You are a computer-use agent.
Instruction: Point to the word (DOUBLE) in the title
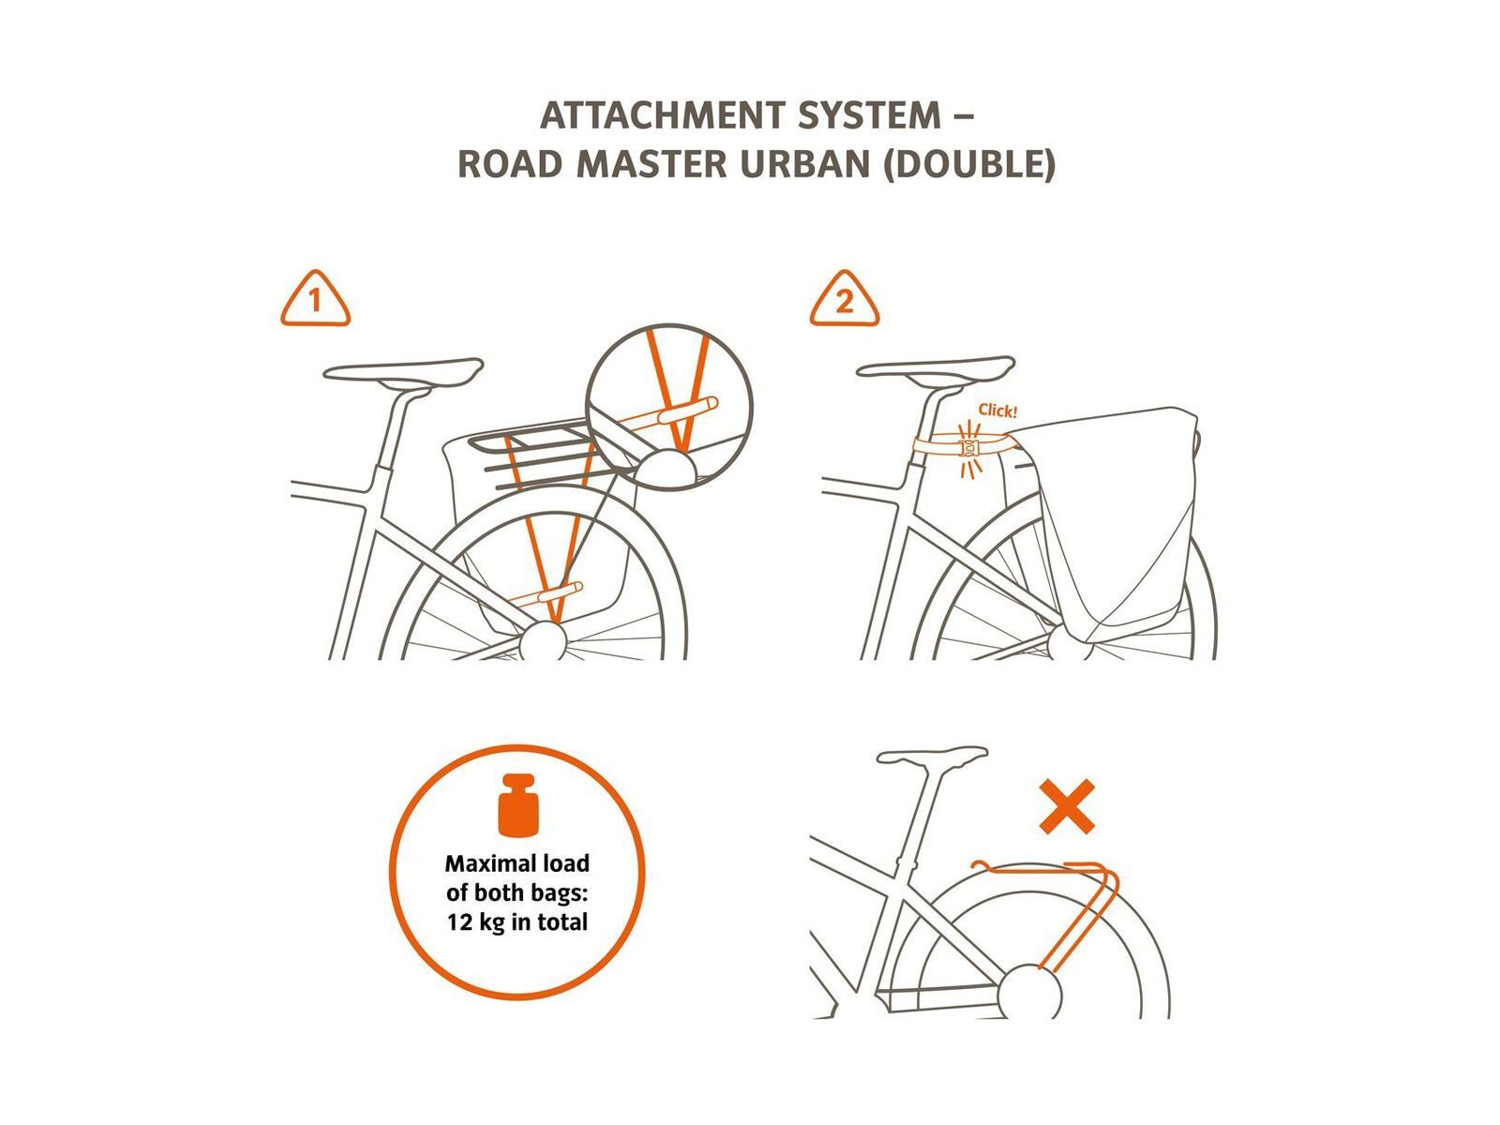tap(969, 165)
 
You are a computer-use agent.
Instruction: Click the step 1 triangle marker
tap(315, 299)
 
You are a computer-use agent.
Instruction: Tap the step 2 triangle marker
tap(845, 299)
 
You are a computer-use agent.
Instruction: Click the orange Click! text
tap(997, 411)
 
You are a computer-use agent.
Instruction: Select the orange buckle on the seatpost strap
tap(969, 448)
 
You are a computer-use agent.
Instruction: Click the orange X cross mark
tap(1067, 806)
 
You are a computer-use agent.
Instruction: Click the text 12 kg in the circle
tap(470, 922)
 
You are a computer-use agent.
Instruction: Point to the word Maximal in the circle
tap(484, 863)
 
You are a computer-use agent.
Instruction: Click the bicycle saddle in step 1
tap(403, 371)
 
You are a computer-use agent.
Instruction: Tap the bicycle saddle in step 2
tap(936, 368)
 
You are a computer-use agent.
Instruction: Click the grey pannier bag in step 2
tap(1107, 526)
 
